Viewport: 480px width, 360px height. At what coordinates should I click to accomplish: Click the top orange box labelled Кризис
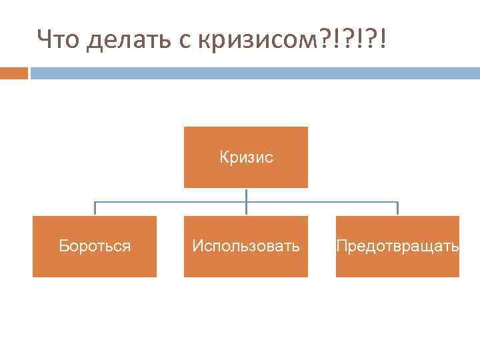pos(246,157)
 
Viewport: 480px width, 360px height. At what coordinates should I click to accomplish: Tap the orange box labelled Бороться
pos(95,246)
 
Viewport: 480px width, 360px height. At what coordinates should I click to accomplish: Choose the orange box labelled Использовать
pos(246,246)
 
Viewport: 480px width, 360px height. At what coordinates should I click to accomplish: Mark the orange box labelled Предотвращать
pos(397,246)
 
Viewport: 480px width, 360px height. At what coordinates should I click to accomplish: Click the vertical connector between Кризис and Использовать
pos(246,201)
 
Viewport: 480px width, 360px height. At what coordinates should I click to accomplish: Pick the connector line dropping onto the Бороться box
pos(95,209)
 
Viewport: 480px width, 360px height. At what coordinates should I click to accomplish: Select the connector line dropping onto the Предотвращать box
pos(397,209)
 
